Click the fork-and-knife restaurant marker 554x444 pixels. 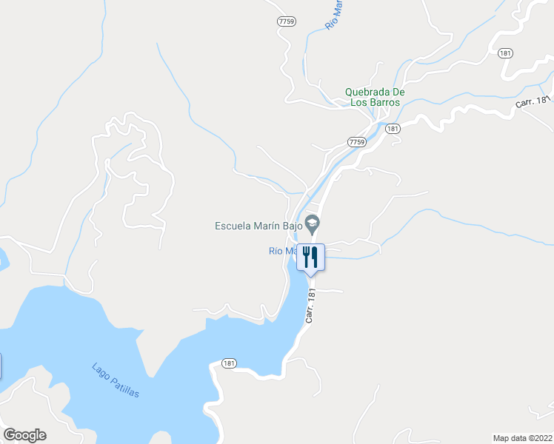310,258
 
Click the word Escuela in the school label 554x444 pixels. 233,226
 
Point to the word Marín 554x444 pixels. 266,226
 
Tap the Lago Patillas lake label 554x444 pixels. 116,380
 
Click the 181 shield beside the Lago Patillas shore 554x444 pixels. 229,363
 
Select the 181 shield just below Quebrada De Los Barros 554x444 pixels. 393,129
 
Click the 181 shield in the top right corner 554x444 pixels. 505,53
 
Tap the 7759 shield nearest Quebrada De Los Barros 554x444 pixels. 357,141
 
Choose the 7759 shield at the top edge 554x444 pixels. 287,21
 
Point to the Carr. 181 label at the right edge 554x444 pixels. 534,101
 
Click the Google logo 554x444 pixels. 24,435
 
